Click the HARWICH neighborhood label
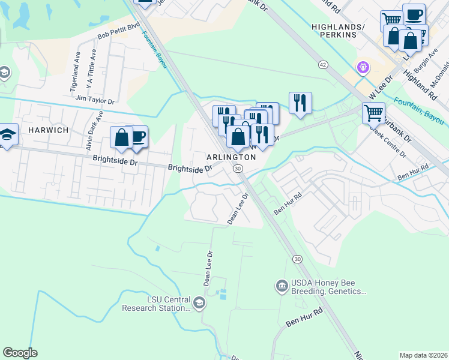tap(47, 130)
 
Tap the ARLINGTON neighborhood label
tap(231, 157)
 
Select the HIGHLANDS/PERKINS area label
tap(338, 31)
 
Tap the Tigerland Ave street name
tap(76, 71)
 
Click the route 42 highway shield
tap(323, 64)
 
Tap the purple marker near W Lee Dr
tap(362, 68)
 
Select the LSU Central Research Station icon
tap(199, 304)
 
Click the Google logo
tap(20, 353)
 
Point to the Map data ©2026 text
tap(424, 355)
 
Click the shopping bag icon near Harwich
tap(121, 137)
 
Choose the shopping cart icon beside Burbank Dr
tap(373, 112)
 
